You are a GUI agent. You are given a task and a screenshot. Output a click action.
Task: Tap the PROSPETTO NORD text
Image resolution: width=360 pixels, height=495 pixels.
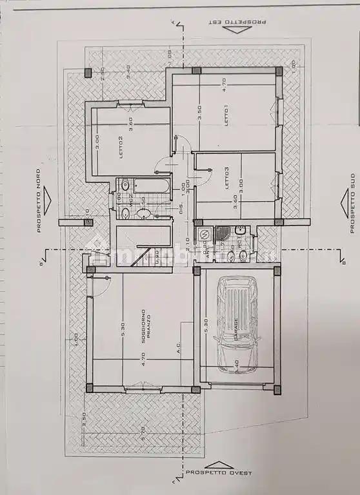click(38, 200)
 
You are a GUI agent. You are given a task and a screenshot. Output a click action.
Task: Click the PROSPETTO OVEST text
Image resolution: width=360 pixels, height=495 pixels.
click(219, 473)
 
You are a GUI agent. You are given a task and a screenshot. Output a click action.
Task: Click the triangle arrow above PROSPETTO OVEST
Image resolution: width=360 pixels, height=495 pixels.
click(219, 464)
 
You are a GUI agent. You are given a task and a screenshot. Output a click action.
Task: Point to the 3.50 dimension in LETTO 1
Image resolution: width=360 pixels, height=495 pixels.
click(200, 112)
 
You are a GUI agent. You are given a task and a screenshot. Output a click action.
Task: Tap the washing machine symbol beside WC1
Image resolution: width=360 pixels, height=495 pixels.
click(204, 234)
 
